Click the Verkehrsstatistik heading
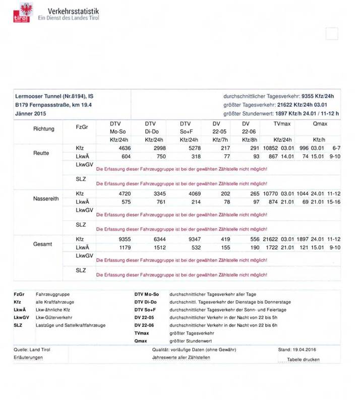pos(74,11)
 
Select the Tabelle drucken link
pos(303,359)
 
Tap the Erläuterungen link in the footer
pos(28,357)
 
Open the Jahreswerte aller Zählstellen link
pos(181,357)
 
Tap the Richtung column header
pos(44,129)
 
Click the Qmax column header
pos(320,123)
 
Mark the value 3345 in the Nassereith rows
pos(158,193)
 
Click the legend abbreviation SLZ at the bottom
pos(19,325)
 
